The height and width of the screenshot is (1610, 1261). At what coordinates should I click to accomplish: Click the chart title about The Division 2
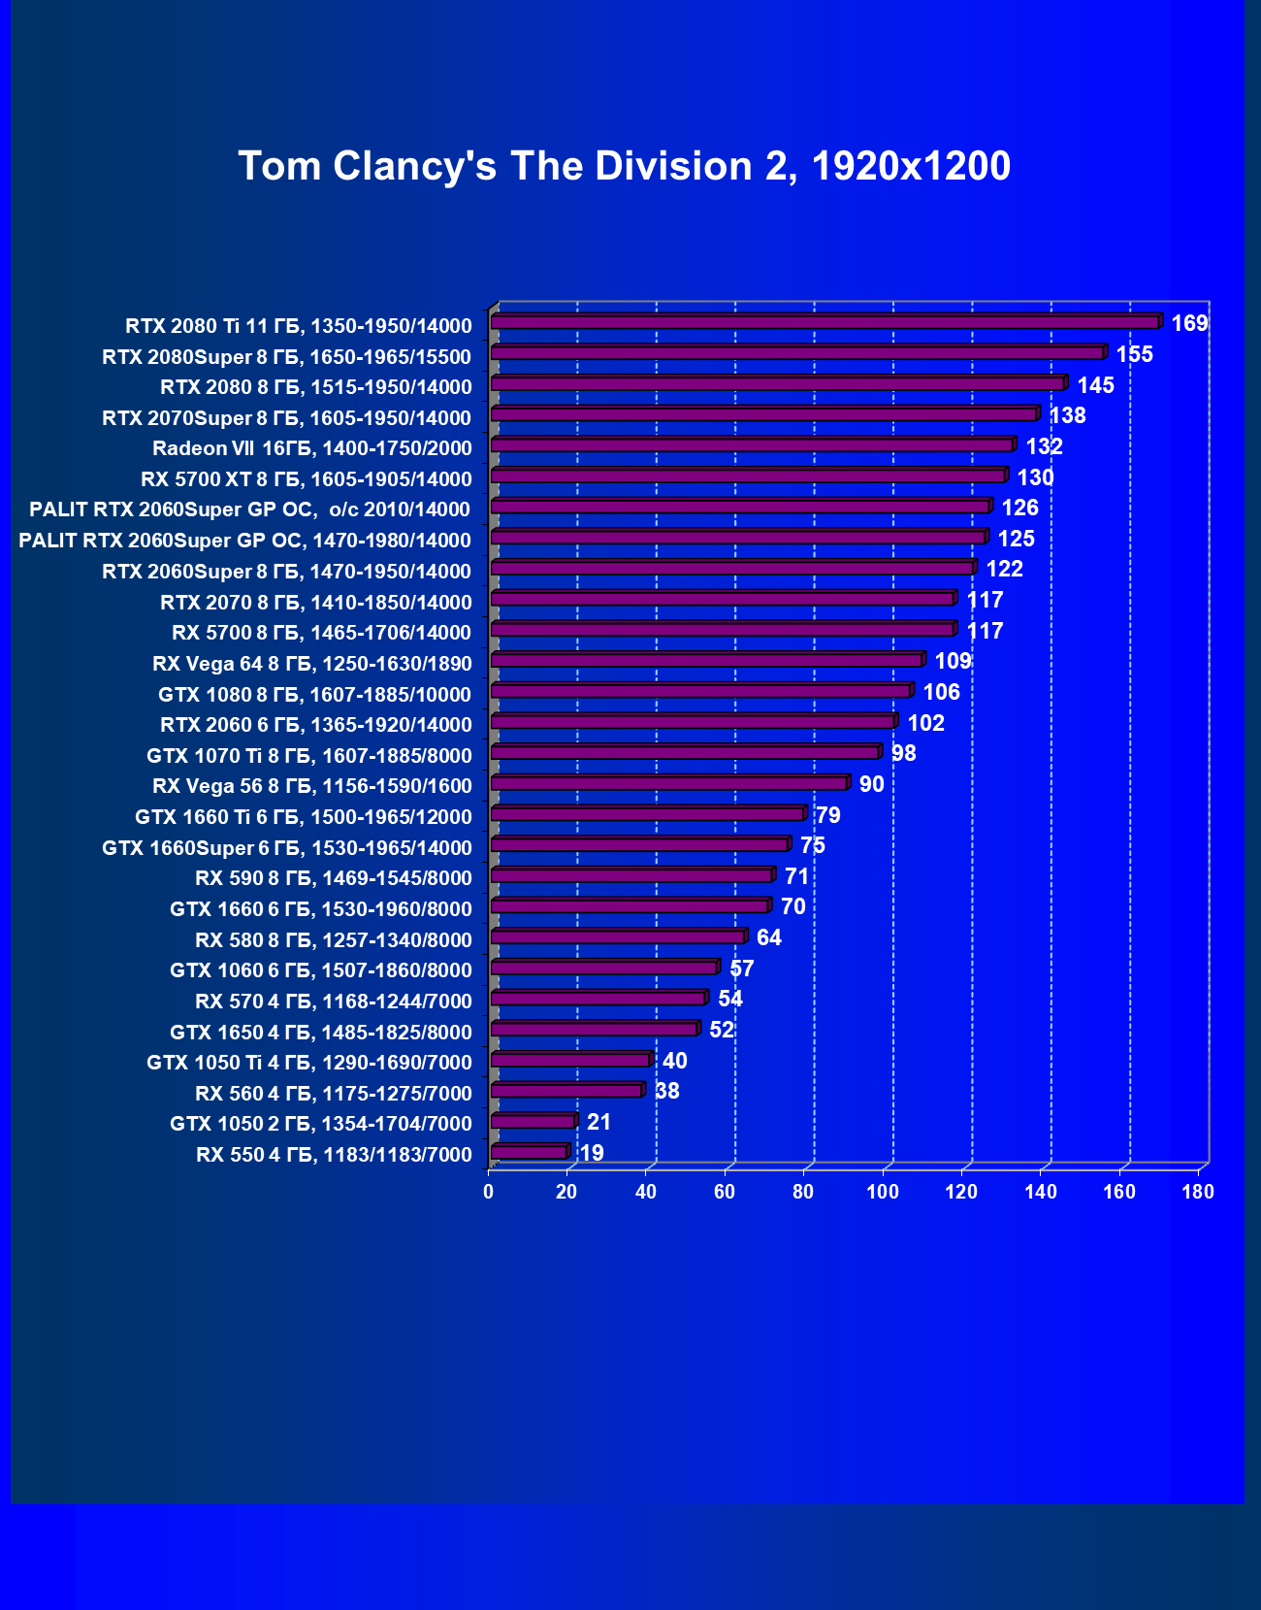click(624, 166)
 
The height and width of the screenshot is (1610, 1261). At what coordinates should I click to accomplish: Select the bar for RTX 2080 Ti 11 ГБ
click(824, 322)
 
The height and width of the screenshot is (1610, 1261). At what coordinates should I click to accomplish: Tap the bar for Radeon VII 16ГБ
click(752, 445)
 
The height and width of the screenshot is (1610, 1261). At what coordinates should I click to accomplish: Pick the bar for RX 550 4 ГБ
click(529, 1153)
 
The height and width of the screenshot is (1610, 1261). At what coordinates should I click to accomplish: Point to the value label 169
click(1189, 323)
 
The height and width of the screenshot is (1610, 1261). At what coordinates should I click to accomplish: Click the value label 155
click(1134, 354)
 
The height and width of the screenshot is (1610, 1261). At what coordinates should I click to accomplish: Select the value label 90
click(871, 784)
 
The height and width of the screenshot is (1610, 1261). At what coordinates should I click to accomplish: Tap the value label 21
click(598, 1122)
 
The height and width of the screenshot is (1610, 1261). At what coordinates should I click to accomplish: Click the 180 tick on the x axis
click(1198, 1192)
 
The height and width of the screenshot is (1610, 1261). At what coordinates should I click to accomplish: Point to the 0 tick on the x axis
click(489, 1192)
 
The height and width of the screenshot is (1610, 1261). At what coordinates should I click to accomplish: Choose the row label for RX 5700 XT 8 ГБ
click(307, 479)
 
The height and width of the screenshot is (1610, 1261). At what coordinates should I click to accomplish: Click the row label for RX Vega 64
click(312, 664)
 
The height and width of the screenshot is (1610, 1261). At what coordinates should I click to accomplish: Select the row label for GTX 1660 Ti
click(304, 817)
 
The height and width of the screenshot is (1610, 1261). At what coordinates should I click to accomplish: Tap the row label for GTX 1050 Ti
click(309, 1063)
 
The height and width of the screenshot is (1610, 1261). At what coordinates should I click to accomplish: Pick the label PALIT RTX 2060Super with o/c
click(249, 509)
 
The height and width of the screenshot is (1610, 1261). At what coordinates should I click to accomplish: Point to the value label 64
click(768, 937)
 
